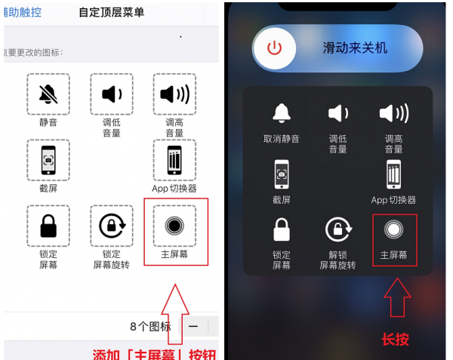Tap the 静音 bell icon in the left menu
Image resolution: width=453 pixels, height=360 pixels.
click(48, 94)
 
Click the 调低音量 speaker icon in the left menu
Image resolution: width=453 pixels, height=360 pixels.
click(112, 94)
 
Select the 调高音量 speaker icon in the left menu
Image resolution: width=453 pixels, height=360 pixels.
click(174, 94)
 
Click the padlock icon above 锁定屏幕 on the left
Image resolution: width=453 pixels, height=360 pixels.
click(48, 226)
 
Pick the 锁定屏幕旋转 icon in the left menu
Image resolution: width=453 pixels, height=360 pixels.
click(112, 226)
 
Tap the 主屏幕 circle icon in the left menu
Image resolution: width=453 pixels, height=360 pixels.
click(174, 226)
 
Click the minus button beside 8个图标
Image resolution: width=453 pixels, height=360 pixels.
click(194, 326)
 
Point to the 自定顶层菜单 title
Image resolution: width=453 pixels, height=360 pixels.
click(111, 12)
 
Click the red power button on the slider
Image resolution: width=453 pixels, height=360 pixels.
click(274, 48)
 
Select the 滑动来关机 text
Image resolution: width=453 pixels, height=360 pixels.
click(355, 48)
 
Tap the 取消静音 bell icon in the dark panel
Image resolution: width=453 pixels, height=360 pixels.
click(282, 113)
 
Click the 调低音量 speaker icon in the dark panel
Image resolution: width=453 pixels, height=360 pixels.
click(337, 113)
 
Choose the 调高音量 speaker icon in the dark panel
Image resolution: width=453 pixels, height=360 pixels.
click(393, 113)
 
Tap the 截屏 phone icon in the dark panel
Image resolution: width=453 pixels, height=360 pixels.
click(282, 174)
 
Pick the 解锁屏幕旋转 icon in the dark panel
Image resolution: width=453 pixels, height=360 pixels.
click(337, 229)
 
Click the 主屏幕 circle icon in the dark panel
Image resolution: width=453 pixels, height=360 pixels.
click(393, 229)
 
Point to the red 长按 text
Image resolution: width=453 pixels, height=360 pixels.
click(395, 339)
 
